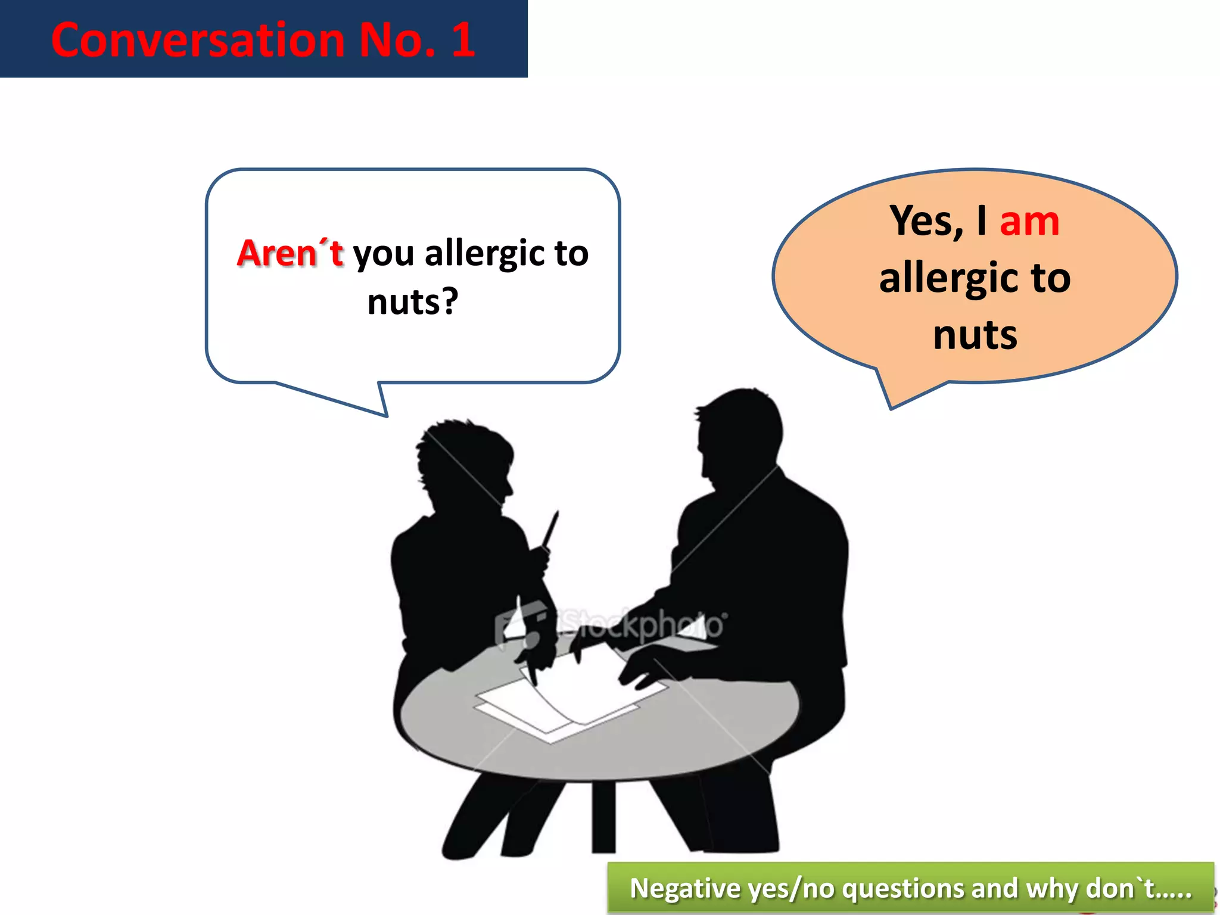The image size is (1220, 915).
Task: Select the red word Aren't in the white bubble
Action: point(290,253)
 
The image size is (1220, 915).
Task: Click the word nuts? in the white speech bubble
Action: point(413,301)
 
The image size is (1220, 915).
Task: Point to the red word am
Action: point(1029,221)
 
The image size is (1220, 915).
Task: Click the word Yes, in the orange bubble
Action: point(926,222)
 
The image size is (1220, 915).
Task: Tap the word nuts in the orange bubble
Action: point(975,335)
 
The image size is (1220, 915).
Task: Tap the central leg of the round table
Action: point(603,816)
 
